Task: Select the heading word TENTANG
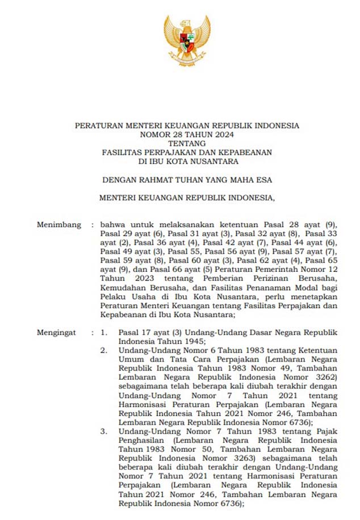tap(187, 143)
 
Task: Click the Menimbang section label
tap(58, 224)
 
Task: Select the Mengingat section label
tap(57, 332)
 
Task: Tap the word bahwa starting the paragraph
tap(112, 224)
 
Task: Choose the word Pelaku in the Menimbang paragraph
tap(112, 296)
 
